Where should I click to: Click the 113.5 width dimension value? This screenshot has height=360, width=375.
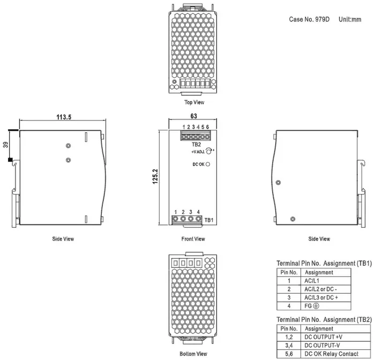click(x=64, y=117)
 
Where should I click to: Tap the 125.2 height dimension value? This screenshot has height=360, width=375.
click(x=155, y=177)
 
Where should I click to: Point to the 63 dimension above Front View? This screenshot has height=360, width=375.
click(x=194, y=116)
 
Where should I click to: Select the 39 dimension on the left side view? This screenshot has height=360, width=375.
click(x=5, y=145)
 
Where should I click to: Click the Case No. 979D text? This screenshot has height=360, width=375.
click(x=309, y=19)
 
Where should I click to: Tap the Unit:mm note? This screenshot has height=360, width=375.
click(x=350, y=19)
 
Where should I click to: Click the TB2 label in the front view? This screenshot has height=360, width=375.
click(x=197, y=145)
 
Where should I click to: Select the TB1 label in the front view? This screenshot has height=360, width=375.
click(x=209, y=220)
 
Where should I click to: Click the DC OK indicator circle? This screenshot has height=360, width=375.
click(x=208, y=164)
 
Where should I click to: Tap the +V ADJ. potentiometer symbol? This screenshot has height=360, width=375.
click(x=208, y=151)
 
